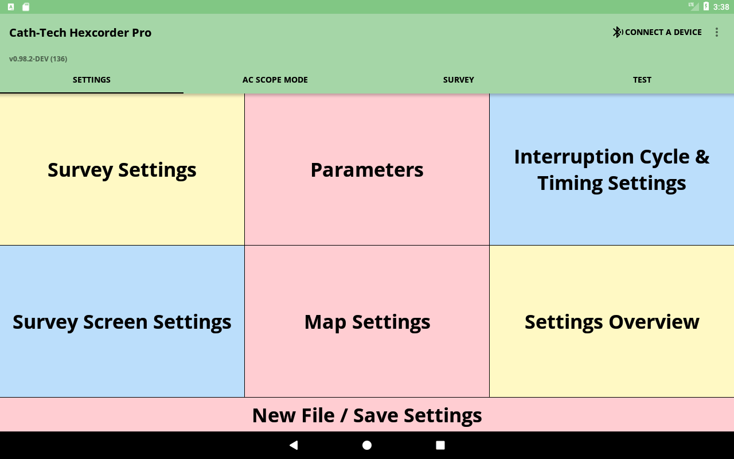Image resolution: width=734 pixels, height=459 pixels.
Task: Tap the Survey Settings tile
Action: coord(122,169)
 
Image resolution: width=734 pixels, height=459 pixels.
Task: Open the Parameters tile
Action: coord(367,169)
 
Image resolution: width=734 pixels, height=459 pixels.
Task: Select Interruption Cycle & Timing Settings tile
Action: coord(612,169)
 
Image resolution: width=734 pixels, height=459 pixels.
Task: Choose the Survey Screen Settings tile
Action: coord(122,322)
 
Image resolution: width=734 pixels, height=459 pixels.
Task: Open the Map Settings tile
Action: coord(367,322)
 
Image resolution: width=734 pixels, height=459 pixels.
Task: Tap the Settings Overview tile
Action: coord(612,322)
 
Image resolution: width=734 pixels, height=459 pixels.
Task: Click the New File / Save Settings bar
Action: coord(367,415)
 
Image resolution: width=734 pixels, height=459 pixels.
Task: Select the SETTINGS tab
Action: coord(91,80)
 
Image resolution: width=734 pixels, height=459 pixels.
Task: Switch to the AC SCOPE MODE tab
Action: coord(275,80)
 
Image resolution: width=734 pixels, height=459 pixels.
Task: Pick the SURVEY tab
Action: coord(458,80)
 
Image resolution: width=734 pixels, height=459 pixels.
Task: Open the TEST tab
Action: coord(642,80)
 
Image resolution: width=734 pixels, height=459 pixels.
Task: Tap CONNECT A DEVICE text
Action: coord(663,32)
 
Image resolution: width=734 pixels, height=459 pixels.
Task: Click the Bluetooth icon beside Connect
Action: coord(618,32)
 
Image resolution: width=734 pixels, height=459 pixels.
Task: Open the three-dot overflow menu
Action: coord(717,32)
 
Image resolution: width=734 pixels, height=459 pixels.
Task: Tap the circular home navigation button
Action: coord(367,445)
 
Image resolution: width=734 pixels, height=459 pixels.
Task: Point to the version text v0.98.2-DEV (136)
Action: coord(38,59)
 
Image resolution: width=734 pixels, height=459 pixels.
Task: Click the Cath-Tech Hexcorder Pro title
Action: coord(80,33)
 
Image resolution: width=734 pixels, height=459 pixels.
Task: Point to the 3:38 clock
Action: coord(721,7)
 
